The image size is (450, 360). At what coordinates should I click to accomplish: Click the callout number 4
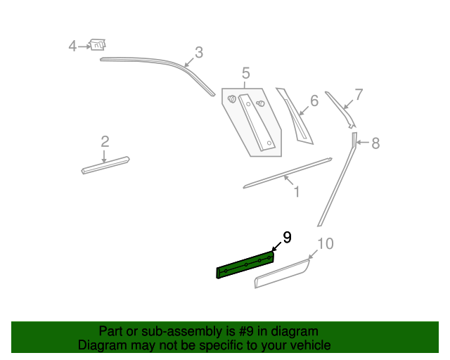(72, 46)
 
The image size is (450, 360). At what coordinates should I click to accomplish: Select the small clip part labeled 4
(98, 44)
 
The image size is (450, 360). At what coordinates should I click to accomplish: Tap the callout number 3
(199, 53)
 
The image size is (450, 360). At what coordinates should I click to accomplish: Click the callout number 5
(245, 73)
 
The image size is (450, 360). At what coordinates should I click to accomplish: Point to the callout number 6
(314, 101)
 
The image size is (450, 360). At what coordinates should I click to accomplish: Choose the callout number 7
(359, 94)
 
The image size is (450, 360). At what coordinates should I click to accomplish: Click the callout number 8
(375, 143)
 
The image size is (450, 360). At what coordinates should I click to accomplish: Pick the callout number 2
(105, 141)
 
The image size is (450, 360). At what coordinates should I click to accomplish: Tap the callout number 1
(297, 192)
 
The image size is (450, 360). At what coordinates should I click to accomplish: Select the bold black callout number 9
(288, 238)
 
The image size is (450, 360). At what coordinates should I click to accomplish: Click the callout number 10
(326, 244)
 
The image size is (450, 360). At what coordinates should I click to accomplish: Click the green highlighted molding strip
(245, 264)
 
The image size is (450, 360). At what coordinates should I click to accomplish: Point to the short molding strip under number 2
(105, 165)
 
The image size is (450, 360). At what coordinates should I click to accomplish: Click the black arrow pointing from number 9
(276, 247)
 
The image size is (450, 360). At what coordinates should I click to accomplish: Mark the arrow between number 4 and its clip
(84, 46)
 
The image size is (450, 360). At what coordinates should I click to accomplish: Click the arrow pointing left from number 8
(363, 142)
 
